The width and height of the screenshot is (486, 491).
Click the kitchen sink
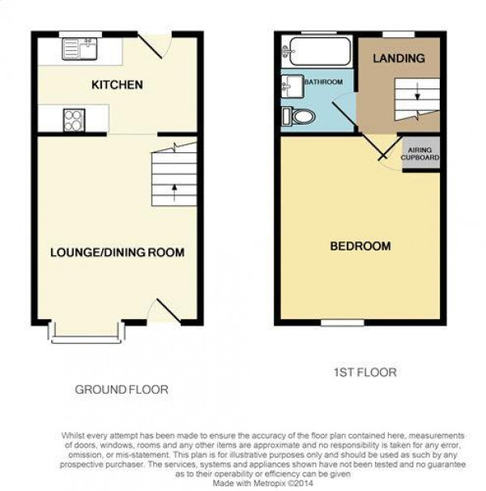tap(79, 49)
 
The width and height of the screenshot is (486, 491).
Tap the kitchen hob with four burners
tap(75, 120)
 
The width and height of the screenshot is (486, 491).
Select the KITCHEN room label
tap(117, 84)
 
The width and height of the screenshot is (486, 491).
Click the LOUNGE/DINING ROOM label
tap(117, 253)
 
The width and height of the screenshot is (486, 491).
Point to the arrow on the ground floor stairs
tap(174, 193)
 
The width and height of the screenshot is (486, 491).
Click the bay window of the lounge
tap(87, 332)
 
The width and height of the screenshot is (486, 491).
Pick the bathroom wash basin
tap(292, 86)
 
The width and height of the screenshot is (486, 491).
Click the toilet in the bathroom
tap(298, 117)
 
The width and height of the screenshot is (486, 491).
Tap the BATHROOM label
tap(324, 82)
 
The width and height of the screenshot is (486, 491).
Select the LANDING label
tap(399, 58)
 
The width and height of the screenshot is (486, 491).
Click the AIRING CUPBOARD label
tap(420, 154)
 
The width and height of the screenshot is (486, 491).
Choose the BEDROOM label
tap(360, 246)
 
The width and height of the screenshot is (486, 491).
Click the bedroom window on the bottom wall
tap(343, 322)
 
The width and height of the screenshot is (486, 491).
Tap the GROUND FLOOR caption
tap(122, 390)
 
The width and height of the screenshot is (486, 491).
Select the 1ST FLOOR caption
tap(365, 373)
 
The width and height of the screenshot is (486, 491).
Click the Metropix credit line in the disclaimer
tap(262, 483)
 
